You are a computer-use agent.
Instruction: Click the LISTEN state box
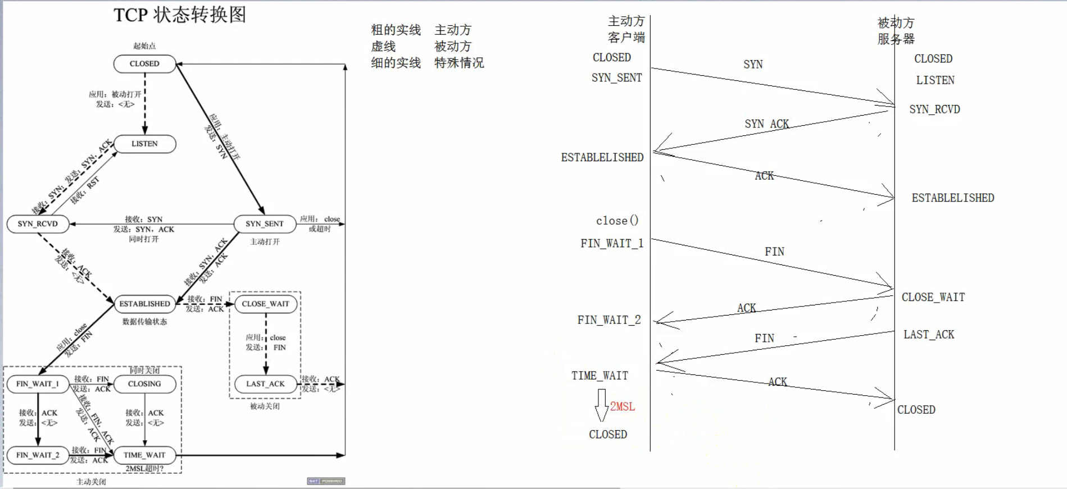[144, 144]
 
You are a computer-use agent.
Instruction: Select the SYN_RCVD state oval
[38, 223]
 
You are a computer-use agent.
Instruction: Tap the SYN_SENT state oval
[264, 223]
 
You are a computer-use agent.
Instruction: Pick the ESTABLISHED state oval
[144, 304]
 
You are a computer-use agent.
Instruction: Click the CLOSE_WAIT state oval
[265, 304]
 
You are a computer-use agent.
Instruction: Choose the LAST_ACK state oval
[265, 384]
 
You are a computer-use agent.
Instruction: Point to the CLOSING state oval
[144, 384]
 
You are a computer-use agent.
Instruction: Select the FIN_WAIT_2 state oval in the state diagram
[38, 455]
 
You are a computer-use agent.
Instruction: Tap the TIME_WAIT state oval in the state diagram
[144, 455]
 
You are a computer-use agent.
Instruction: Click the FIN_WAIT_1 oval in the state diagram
[38, 384]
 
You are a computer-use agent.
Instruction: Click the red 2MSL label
[623, 406]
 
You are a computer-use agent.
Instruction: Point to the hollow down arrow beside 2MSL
[601, 405]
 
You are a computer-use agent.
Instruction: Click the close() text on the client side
[617, 221]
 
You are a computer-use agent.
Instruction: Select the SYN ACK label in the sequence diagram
[766, 124]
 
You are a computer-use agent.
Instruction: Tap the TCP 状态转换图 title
[180, 15]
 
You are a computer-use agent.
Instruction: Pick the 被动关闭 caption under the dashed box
[265, 406]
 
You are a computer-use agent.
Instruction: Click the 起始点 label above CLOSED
[144, 46]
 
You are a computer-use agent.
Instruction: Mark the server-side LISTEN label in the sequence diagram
[935, 80]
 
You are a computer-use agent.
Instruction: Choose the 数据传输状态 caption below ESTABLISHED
[144, 322]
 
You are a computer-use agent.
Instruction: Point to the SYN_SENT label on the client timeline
[616, 78]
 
